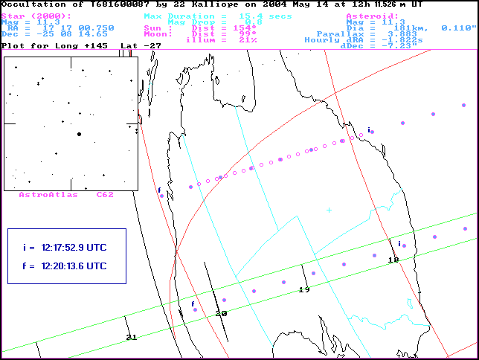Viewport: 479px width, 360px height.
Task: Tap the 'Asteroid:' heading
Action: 373,16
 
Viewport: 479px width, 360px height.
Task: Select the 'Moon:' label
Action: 158,33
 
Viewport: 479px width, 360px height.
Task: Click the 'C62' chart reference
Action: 104,194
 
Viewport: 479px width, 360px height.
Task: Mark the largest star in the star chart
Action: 79,134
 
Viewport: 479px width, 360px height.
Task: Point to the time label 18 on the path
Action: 393,260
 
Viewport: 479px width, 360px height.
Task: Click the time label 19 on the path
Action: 303,289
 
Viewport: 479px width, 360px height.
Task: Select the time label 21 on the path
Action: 132,338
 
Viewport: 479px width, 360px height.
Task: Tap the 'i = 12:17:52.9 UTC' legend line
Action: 65,247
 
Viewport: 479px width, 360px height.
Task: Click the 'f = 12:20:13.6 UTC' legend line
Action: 65,266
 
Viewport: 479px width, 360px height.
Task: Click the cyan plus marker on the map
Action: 329,210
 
